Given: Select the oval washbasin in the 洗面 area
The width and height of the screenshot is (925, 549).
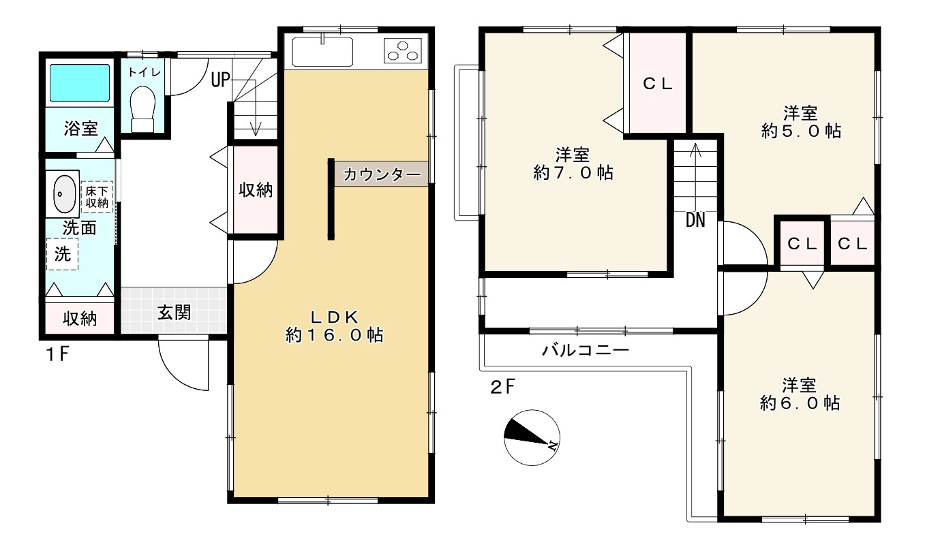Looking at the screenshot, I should tap(64, 194).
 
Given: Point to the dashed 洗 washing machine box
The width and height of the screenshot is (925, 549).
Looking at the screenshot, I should tap(62, 254).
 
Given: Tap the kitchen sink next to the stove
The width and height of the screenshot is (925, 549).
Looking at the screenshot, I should tap(322, 51).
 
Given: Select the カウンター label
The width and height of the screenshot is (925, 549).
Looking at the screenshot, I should tap(382, 174).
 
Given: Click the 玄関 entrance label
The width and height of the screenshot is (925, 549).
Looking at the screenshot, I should tap(174, 313).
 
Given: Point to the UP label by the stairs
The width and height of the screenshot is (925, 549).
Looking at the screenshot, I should tap(219, 80).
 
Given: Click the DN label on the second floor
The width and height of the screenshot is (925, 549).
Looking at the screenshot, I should tap(695, 219).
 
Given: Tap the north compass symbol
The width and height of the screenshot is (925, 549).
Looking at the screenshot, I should tap(532, 439).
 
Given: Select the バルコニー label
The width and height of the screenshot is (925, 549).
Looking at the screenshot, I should tap(586, 351).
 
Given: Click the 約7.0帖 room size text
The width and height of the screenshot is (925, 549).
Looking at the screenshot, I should tap(573, 173).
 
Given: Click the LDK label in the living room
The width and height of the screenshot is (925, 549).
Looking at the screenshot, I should tap(335, 316).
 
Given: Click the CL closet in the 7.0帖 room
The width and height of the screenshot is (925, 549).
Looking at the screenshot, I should tap(658, 84).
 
